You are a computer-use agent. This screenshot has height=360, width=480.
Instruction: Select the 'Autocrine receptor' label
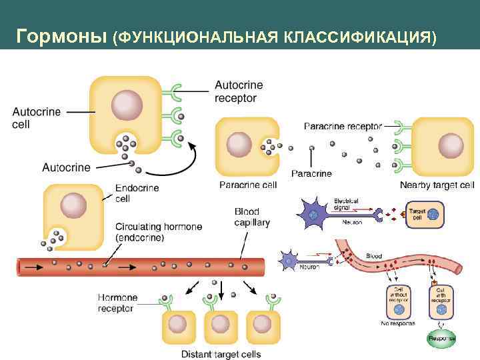point(239,92)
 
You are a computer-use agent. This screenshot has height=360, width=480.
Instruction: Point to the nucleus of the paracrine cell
point(239,145)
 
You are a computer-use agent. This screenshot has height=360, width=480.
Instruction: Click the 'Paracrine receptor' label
point(343,125)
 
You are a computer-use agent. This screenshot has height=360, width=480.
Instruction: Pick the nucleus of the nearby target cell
point(451,145)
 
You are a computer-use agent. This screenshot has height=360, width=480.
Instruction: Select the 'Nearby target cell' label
point(437,185)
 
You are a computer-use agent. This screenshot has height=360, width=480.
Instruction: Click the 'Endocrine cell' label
point(137,193)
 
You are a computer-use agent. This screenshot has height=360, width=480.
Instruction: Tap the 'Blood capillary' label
point(251,217)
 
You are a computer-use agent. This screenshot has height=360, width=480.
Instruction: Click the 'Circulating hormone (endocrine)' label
point(158,232)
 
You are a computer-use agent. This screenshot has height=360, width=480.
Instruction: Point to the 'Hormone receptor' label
point(117,303)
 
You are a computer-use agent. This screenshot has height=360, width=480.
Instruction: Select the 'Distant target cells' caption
point(221,354)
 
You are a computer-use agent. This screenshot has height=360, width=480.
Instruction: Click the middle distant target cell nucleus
point(219,324)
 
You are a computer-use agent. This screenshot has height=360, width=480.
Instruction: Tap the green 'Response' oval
point(441,338)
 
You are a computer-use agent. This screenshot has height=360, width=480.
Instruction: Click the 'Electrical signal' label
point(346,203)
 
